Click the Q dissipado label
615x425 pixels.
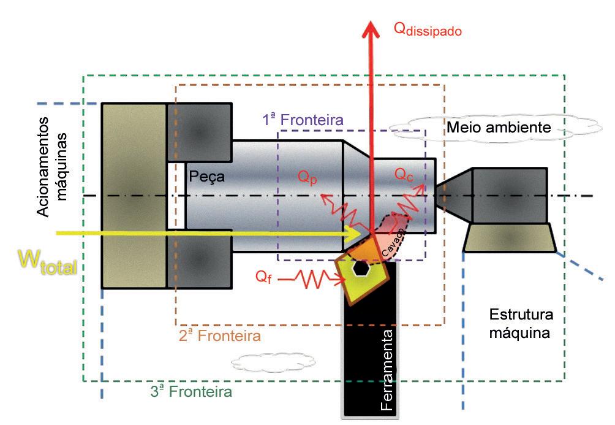pos(427,29)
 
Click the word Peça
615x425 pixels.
pos(206,177)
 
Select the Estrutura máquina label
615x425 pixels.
pos(521,324)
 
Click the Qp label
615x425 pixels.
pos(308,177)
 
